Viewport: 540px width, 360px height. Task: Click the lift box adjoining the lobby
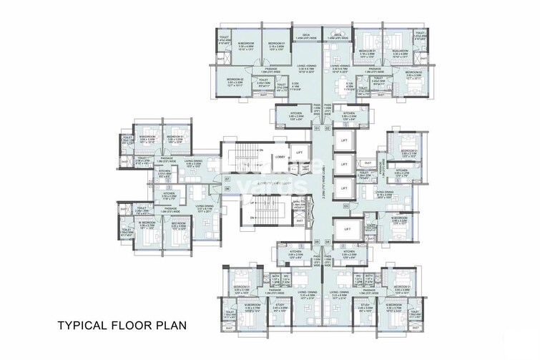pos(300,153)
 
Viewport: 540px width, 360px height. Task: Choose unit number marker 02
pos(326,127)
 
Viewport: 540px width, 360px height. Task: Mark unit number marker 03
pos(345,206)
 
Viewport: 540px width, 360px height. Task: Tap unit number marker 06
pos(226,188)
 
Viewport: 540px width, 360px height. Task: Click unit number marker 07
pos(226,177)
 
